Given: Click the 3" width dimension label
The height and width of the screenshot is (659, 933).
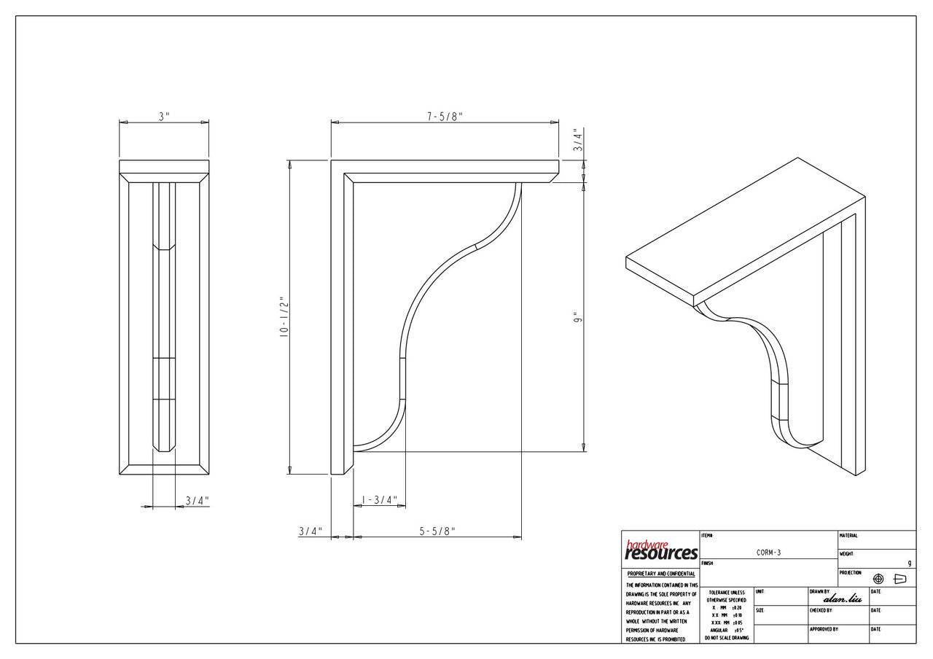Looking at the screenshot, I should click(164, 116).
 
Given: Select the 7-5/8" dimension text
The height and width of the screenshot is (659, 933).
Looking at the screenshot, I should click(445, 116).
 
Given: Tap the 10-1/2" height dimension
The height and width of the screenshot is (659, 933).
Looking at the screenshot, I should click(284, 316).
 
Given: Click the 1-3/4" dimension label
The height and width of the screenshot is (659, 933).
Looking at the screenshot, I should click(380, 500).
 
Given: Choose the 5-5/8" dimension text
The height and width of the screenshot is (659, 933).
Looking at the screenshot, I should click(437, 531).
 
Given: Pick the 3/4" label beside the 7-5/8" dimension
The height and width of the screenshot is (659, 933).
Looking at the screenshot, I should click(577, 139).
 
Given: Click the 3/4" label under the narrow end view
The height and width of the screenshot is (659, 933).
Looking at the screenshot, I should click(197, 501).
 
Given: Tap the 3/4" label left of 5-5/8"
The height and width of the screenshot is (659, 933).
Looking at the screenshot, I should click(310, 531).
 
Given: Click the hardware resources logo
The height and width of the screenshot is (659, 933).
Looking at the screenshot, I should click(660, 550).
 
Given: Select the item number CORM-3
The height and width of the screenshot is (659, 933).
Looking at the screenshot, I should click(768, 553).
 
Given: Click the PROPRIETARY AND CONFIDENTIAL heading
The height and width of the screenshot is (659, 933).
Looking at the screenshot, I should click(660, 574).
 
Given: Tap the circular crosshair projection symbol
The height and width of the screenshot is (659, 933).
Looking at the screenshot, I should click(878, 579).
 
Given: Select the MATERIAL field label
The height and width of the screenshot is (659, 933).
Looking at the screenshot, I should click(848, 536).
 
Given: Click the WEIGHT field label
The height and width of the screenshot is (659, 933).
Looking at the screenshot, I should click(846, 554).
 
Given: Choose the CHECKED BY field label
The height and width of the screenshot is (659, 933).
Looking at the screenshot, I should click(820, 610).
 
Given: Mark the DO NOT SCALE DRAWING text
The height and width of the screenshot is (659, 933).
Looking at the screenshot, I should click(726, 638).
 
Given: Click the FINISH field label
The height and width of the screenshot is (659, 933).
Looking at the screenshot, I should click(706, 564).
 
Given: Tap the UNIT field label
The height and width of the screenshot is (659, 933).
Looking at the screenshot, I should click(760, 591).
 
